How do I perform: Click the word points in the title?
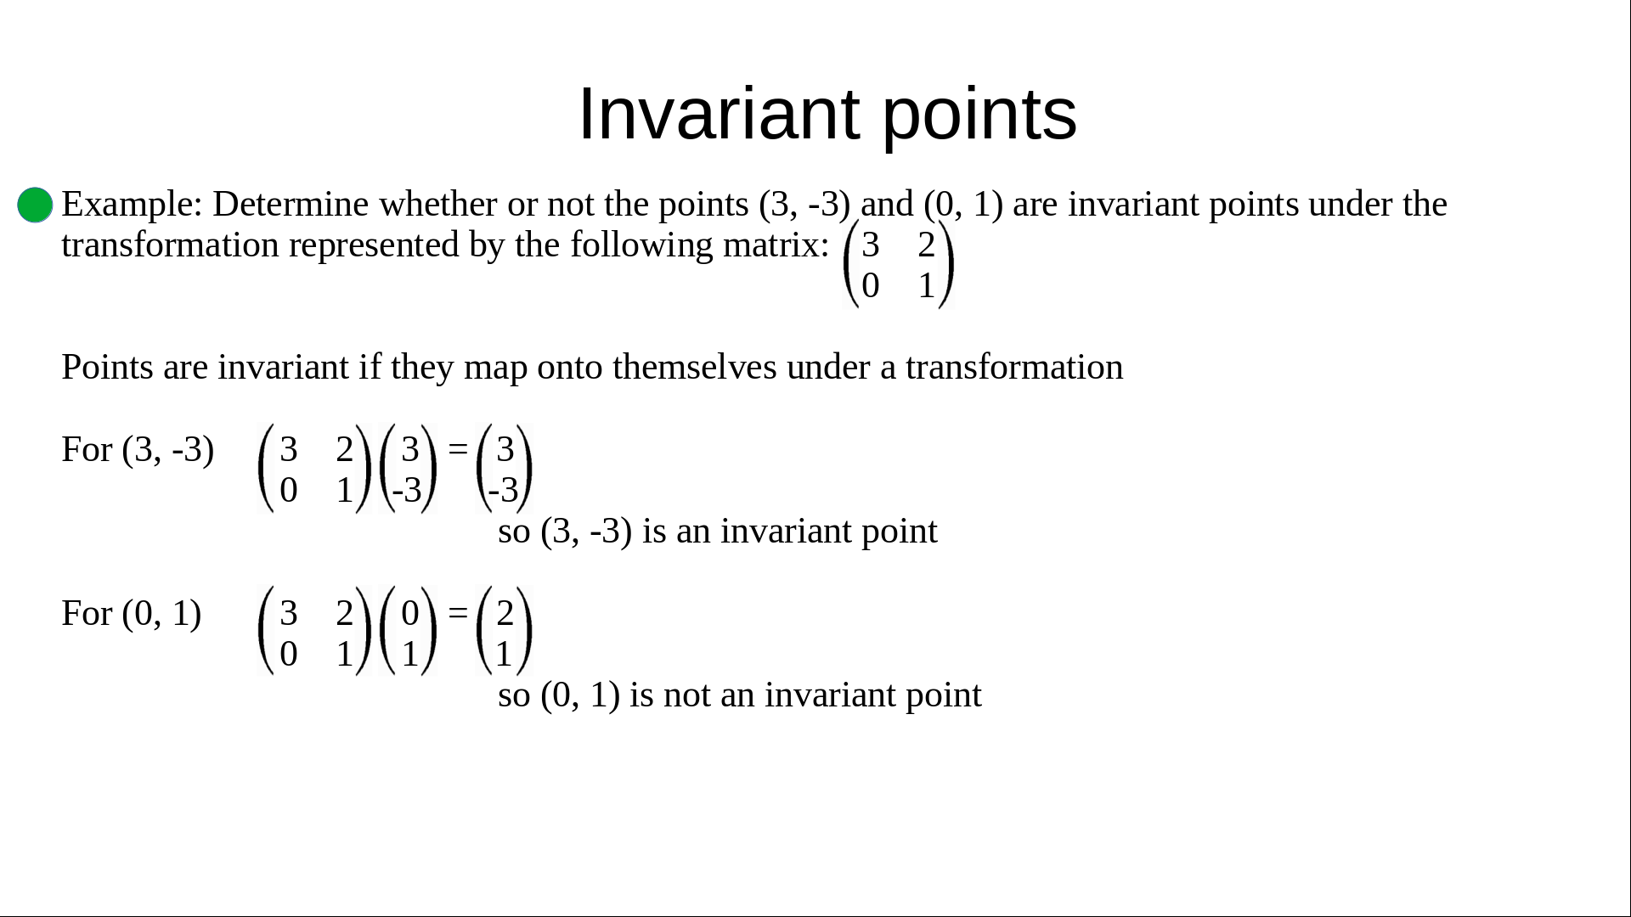tap(980, 117)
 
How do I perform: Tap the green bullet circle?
tap(35, 205)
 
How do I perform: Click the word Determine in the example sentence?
tap(291, 204)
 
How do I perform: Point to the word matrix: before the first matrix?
tap(776, 245)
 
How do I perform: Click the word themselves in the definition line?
tap(694, 367)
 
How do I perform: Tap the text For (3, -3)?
tap(138, 449)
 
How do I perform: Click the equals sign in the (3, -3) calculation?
tap(458, 447)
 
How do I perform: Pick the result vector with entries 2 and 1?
tap(505, 631)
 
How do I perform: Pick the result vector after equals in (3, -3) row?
tap(505, 468)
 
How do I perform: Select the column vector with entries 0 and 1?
tap(409, 631)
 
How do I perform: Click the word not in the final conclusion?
tap(686, 695)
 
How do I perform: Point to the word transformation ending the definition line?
tap(1014, 367)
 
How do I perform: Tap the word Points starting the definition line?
tap(107, 367)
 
